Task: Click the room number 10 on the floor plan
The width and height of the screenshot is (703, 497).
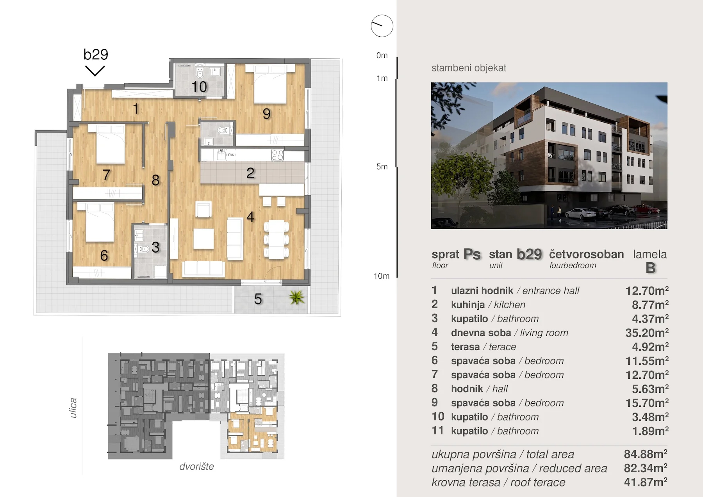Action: point(199,87)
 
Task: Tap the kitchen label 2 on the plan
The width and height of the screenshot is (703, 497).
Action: point(250,173)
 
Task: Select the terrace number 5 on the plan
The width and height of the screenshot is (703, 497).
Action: point(258,299)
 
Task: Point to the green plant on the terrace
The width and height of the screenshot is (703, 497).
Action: point(296,298)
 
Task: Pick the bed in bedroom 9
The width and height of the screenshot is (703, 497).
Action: point(270,84)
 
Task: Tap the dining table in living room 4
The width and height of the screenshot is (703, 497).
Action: point(277,239)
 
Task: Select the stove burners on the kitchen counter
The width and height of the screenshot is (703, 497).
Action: point(277,155)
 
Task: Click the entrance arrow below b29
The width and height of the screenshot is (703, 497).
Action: point(95,71)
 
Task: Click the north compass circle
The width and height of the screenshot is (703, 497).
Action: point(382,26)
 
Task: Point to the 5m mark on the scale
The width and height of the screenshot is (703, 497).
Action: point(382,167)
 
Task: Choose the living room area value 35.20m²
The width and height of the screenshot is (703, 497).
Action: point(647,333)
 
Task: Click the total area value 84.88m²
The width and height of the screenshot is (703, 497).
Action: point(646,454)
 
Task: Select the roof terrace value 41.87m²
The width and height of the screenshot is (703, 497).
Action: point(646,483)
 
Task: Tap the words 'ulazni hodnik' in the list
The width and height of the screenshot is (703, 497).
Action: point(482,291)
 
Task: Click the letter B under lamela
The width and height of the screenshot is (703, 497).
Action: point(650,268)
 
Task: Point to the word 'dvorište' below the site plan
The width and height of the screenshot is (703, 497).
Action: point(196,467)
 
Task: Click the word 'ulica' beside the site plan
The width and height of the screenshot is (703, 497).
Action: point(73,408)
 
